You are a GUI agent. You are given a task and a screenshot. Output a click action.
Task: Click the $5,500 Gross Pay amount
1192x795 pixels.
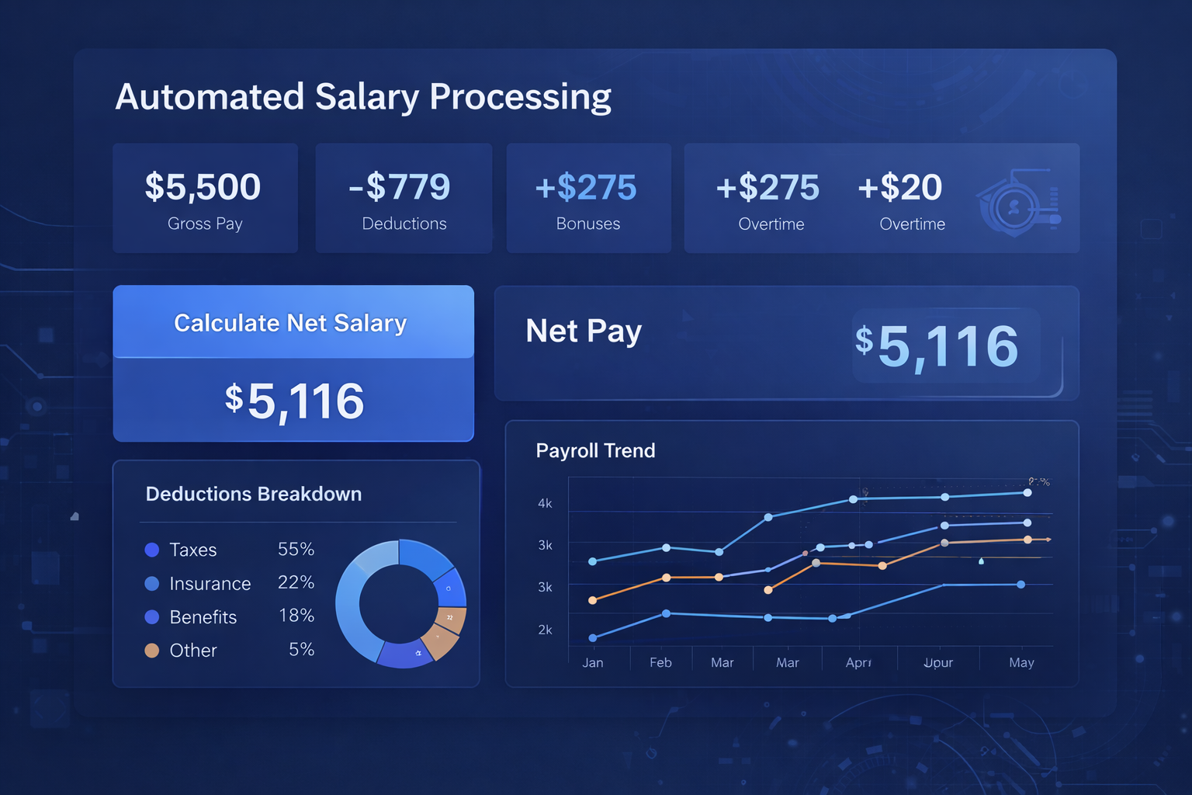click(x=203, y=187)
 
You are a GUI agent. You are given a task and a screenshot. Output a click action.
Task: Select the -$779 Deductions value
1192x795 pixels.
click(x=400, y=187)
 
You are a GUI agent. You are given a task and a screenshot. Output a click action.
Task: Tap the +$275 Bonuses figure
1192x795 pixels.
click(x=586, y=187)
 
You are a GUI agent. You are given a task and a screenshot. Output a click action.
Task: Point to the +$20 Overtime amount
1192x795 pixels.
click(x=900, y=187)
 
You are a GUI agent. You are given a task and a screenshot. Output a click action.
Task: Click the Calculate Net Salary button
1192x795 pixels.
click(x=290, y=323)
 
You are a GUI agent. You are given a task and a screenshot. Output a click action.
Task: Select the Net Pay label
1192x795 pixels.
click(x=584, y=332)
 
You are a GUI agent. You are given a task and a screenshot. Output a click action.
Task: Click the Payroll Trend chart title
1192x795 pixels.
click(x=595, y=450)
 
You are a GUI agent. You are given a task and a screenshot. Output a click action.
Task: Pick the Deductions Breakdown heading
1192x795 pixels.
click(x=254, y=494)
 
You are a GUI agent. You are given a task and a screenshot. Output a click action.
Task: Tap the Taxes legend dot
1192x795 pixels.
click(x=152, y=550)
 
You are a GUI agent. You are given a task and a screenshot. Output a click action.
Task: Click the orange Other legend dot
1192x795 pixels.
click(x=152, y=651)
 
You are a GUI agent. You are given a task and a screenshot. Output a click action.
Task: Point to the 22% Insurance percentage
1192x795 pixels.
click(x=296, y=582)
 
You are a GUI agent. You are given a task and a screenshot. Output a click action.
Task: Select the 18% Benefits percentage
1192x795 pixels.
click(x=296, y=616)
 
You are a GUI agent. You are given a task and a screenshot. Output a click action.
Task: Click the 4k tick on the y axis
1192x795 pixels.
click(x=545, y=504)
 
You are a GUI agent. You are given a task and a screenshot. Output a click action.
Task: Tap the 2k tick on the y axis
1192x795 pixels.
click(x=545, y=630)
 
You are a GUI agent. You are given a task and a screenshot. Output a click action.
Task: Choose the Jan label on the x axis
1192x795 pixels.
click(x=593, y=662)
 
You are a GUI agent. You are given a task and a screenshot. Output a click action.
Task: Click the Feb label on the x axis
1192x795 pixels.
click(x=660, y=662)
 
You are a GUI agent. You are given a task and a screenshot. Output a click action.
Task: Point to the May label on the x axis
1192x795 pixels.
click(x=1021, y=662)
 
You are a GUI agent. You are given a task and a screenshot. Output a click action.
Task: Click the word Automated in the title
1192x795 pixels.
click(x=210, y=97)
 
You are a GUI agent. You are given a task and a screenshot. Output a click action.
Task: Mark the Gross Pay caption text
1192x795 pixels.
click(x=205, y=224)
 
